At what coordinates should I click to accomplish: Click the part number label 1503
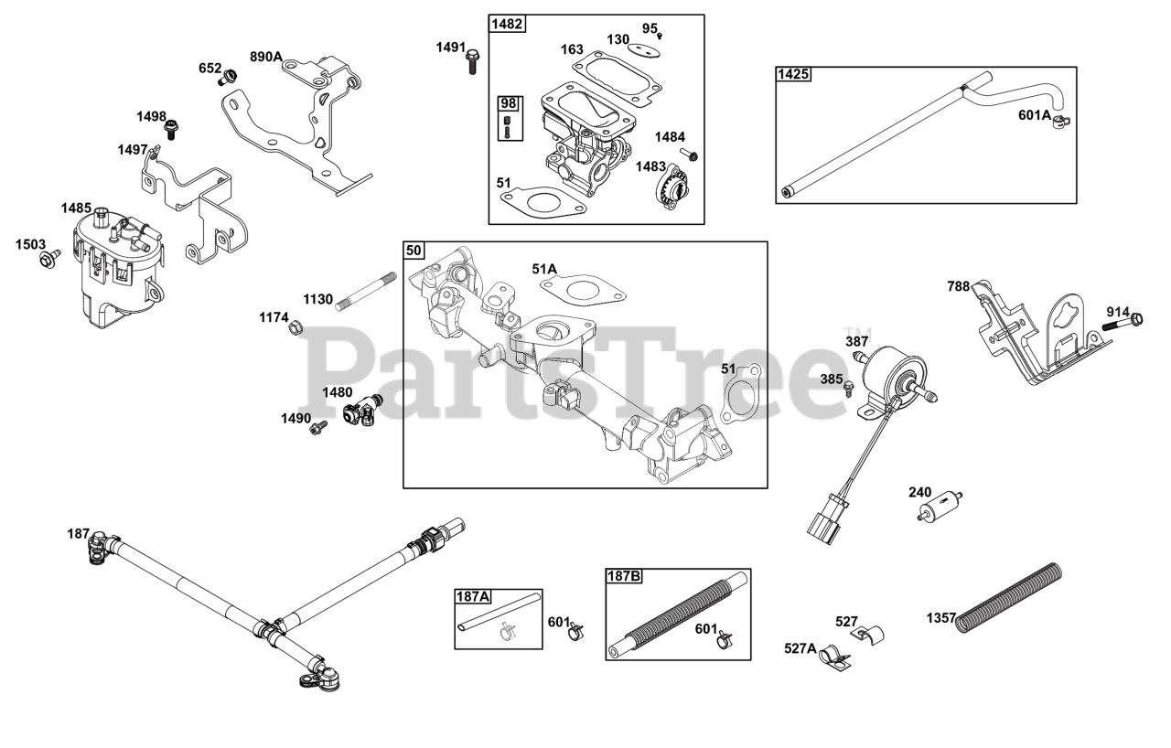[x=30, y=244]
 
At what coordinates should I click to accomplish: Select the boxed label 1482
[x=508, y=24]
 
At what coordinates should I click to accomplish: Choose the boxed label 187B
[x=624, y=576]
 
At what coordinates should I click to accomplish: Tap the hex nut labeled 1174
[x=295, y=326]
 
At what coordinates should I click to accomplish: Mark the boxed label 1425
[x=793, y=74]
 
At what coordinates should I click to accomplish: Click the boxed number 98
[x=507, y=103]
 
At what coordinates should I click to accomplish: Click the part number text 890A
[x=265, y=57]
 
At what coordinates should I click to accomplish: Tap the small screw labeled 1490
[x=319, y=425]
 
